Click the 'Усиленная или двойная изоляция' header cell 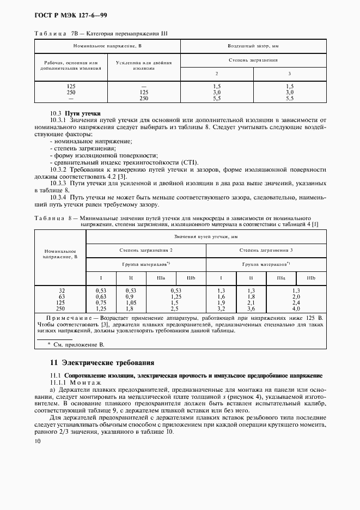(x=144, y=65)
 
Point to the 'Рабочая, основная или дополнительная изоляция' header (x=71, y=66)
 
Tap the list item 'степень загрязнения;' (x=77, y=148)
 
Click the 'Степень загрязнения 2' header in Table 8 (x=146, y=250)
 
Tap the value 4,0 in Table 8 (x=296, y=308)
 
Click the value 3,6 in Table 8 (x=251, y=308)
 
